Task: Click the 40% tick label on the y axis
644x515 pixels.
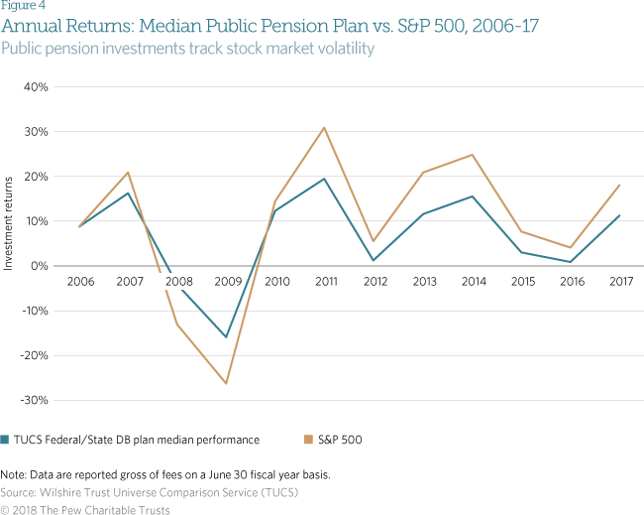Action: (37, 86)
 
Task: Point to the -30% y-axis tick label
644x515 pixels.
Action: (35, 400)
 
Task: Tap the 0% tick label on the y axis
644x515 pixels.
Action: (41, 266)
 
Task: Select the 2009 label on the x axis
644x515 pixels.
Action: (227, 281)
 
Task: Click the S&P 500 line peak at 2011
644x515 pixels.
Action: (324, 127)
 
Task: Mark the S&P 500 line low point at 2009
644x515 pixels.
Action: (227, 383)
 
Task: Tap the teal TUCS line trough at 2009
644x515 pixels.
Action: (227, 337)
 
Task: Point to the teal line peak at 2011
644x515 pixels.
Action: (324, 179)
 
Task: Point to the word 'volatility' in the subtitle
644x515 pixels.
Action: (343, 48)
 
